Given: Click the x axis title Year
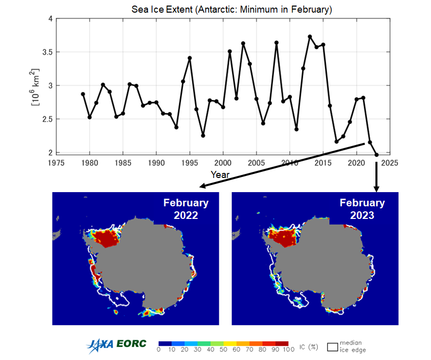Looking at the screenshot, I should (x=220, y=174).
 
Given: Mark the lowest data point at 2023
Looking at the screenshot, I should (x=376, y=155).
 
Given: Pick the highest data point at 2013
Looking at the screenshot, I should (x=310, y=36).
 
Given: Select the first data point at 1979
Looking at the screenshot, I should (x=83, y=94).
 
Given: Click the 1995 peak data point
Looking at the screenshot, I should (x=189, y=58).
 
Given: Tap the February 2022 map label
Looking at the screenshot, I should (x=185, y=208).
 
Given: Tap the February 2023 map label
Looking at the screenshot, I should (x=362, y=208).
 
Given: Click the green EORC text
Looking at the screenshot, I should (x=131, y=344).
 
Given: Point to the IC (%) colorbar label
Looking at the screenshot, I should (x=307, y=347).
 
